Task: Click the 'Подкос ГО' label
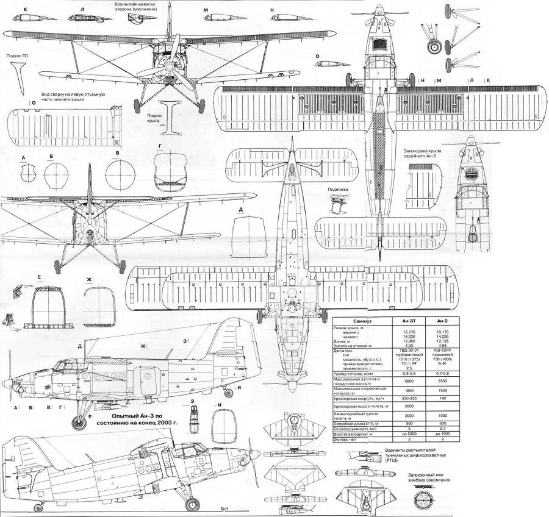pyautogui.click(x=16, y=56)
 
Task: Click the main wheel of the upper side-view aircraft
pyautogui.click(x=79, y=421)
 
